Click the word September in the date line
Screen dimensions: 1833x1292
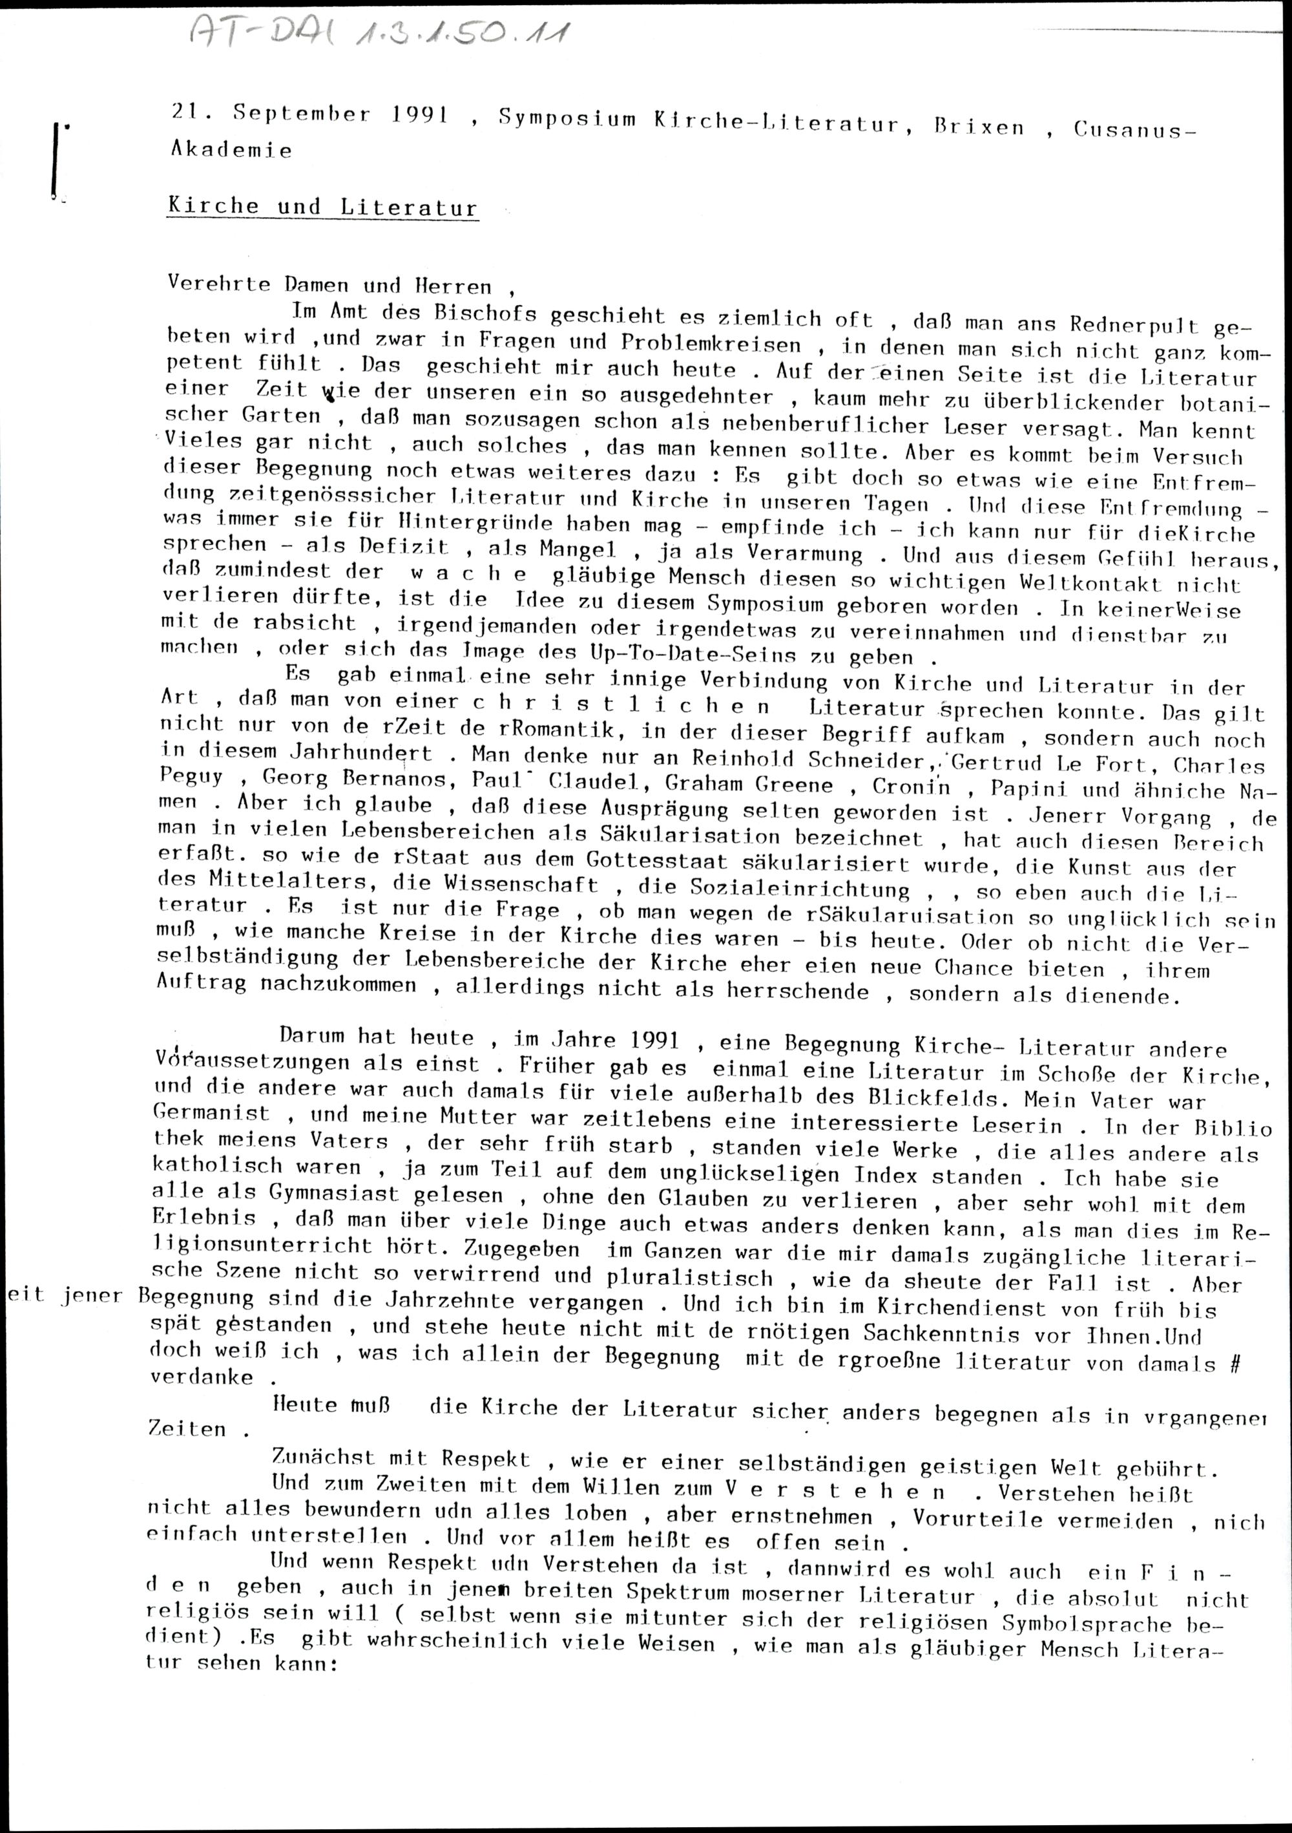point(302,114)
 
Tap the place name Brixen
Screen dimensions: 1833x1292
point(979,126)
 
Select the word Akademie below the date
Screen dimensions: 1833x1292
point(231,149)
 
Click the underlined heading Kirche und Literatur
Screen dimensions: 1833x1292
point(322,207)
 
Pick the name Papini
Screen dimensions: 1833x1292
point(1028,788)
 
